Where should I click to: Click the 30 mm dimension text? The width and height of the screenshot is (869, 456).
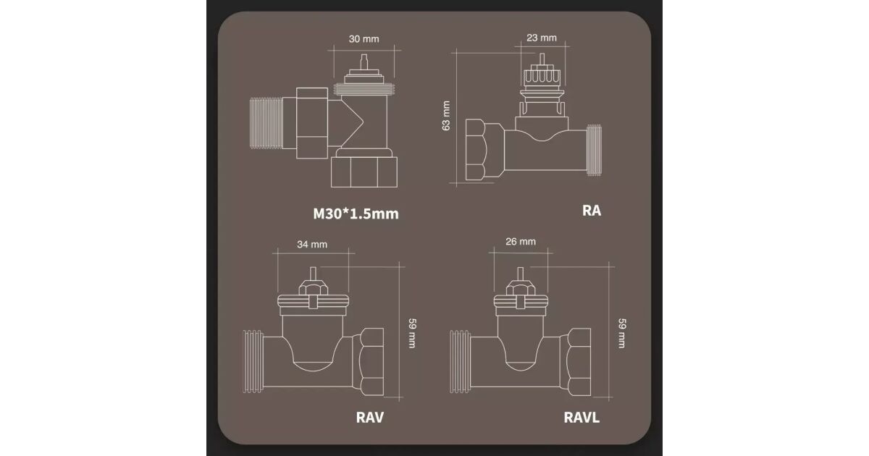364,39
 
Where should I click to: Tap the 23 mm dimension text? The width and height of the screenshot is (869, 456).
541,38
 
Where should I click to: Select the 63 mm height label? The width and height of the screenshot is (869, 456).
446,116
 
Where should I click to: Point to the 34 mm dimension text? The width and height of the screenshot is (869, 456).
312,245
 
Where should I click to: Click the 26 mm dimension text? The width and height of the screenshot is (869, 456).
520,242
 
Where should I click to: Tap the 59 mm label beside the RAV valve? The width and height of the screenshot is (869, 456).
412,334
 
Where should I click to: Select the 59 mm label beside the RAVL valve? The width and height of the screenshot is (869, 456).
621,334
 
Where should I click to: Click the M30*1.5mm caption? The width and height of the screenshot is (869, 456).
356,214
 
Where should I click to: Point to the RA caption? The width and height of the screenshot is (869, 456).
591,211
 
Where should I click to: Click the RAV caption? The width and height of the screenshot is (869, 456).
370,418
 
